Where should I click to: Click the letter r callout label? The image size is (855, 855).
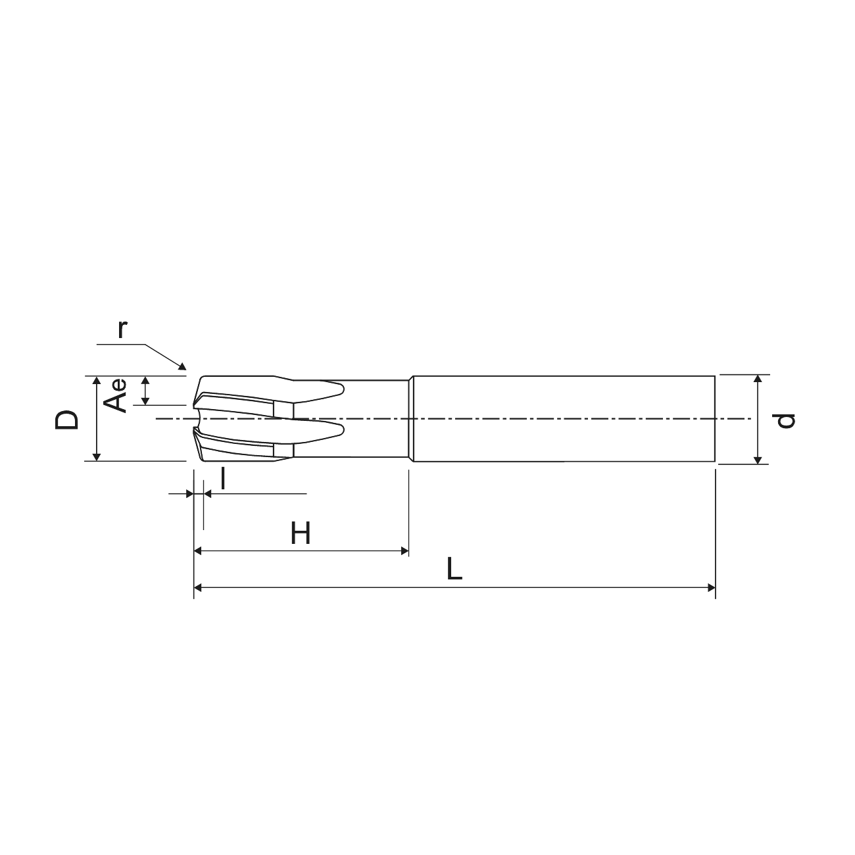pyautogui.click(x=122, y=330)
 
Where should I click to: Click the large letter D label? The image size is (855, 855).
pyautogui.click(x=66, y=420)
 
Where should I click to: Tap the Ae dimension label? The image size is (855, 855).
pyautogui.click(x=115, y=396)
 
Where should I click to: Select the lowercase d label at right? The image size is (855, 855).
pyautogui.click(x=783, y=421)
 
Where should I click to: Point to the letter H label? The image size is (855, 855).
pyautogui.click(x=301, y=533)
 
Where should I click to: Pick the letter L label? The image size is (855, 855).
pyautogui.click(x=454, y=570)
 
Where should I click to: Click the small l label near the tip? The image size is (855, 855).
pyautogui.click(x=223, y=479)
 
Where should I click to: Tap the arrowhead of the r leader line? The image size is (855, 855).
pyautogui.click(x=182, y=366)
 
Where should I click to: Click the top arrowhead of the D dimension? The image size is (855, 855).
pyautogui.click(x=97, y=379)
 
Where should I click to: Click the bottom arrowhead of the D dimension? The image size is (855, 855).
pyautogui.click(x=97, y=457)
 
